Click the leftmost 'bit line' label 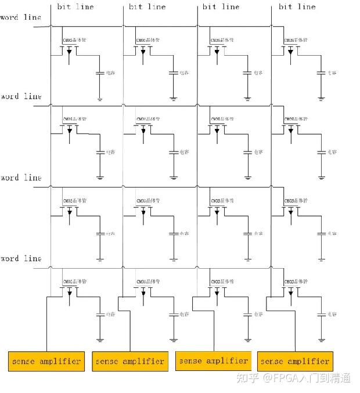pyautogui.click(x=75, y=7)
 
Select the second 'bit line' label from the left pyautogui.click(x=147, y=7)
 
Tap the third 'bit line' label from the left pyautogui.click(x=221, y=7)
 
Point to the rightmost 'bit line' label pyautogui.click(x=297, y=7)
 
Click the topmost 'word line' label pyautogui.click(x=21, y=17)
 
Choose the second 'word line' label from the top pyautogui.click(x=21, y=96)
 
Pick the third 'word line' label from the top pyautogui.click(x=21, y=178)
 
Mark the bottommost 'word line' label pyautogui.click(x=21, y=258)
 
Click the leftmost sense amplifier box pyautogui.click(x=46, y=361)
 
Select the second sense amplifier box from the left pyautogui.click(x=129, y=361)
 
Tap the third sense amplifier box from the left pyautogui.click(x=213, y=360)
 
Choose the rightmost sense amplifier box pyautogui.click(x=295, y=361)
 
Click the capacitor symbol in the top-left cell pyautogui.click(x=100, y=73)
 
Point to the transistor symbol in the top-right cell pyautogui.click(x=290, y=51)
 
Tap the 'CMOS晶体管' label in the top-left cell pyautogui.click(x=74, y=41)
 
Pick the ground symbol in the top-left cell pyautogui.click(x=100, y=99)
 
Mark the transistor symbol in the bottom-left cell pyautogui.click(x=70, y=292)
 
